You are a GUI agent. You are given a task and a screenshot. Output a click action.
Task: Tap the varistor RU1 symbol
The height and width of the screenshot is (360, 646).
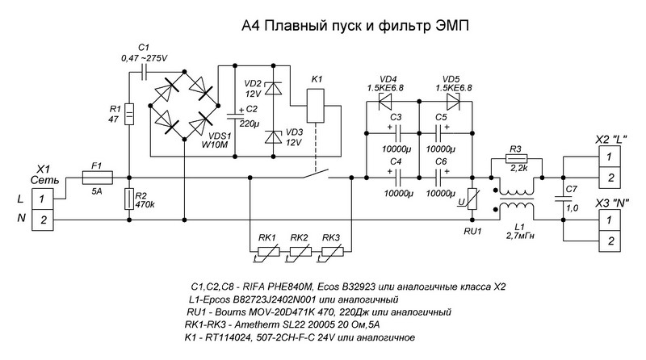475,199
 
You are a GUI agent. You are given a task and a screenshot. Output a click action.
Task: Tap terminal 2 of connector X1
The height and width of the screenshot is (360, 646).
44,219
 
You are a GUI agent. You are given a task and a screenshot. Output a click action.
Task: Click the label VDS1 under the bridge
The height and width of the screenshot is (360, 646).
219,136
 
